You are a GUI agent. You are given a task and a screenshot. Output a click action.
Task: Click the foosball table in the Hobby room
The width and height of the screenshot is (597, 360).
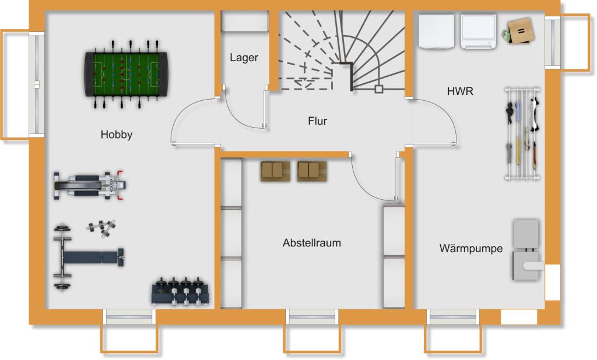[x=125, y=74]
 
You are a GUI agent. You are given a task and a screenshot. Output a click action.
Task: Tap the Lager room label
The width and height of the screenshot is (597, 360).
[x=244, y=58]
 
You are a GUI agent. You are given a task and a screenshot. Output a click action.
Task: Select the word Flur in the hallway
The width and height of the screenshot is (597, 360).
[x=317, y=121]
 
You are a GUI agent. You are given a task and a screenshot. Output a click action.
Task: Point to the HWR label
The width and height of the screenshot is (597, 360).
[x=460, y=91]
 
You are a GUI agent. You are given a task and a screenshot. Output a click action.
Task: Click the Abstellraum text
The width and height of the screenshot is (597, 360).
[x=311, y=243]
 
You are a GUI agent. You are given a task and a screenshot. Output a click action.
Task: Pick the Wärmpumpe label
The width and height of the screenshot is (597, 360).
[x=470, y=249]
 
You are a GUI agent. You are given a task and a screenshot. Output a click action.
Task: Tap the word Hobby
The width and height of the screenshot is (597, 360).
[x=116, y=135]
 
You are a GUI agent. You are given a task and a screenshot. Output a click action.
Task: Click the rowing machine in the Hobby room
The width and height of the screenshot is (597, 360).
[x=90, y=185]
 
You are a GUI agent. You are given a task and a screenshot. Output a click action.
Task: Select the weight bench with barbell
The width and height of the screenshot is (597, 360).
[x=89, y=257]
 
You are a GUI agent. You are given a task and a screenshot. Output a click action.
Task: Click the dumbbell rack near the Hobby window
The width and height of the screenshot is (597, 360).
[x=181, y=291]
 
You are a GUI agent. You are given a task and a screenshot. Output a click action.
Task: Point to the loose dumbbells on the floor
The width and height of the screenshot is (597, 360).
[x=101, y=228]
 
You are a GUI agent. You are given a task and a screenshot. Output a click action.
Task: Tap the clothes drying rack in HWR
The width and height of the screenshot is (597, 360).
[x=522, y=133]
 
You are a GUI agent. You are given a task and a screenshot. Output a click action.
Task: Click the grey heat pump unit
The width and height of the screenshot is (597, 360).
[x=526, y=250]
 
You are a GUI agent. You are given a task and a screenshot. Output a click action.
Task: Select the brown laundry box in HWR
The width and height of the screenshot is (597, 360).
[x=519, y=30]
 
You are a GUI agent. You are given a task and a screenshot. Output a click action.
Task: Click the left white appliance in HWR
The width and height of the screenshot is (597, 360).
[x=436, y=31]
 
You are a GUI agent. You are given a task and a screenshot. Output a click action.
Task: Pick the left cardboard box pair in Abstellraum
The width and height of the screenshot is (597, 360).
[x=275, y=171]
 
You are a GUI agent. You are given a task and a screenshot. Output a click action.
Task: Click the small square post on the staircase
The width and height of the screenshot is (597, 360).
[x=378, y=89]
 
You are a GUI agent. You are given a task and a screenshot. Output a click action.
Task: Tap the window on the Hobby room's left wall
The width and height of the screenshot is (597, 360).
[x=37, y=84]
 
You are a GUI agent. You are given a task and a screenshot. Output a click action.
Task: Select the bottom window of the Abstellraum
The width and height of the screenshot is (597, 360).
[x=312, y=317]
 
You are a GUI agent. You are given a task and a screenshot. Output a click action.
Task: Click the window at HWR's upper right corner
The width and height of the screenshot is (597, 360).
[x=553, y=43]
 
